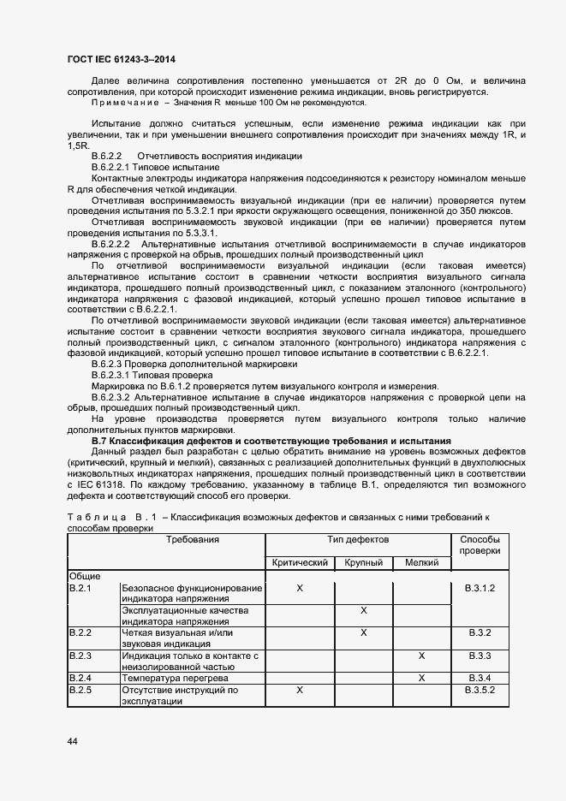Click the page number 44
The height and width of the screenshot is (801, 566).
point(72,741)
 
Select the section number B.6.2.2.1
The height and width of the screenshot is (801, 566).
point(116,169)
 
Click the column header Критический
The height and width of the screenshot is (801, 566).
point(300,562)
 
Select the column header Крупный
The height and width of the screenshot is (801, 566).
point(363,562)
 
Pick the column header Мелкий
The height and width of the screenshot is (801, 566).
point(421,562)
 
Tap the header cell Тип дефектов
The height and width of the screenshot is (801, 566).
point(358,540)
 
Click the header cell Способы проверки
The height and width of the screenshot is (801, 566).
point(480,545)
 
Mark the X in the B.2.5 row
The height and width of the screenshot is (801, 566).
point(300,689)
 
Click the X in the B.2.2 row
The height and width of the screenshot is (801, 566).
point(363,632)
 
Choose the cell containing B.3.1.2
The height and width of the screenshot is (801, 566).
point(480,588)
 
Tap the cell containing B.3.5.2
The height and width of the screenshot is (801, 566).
point(480,689)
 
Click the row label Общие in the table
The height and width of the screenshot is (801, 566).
point(84,577)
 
